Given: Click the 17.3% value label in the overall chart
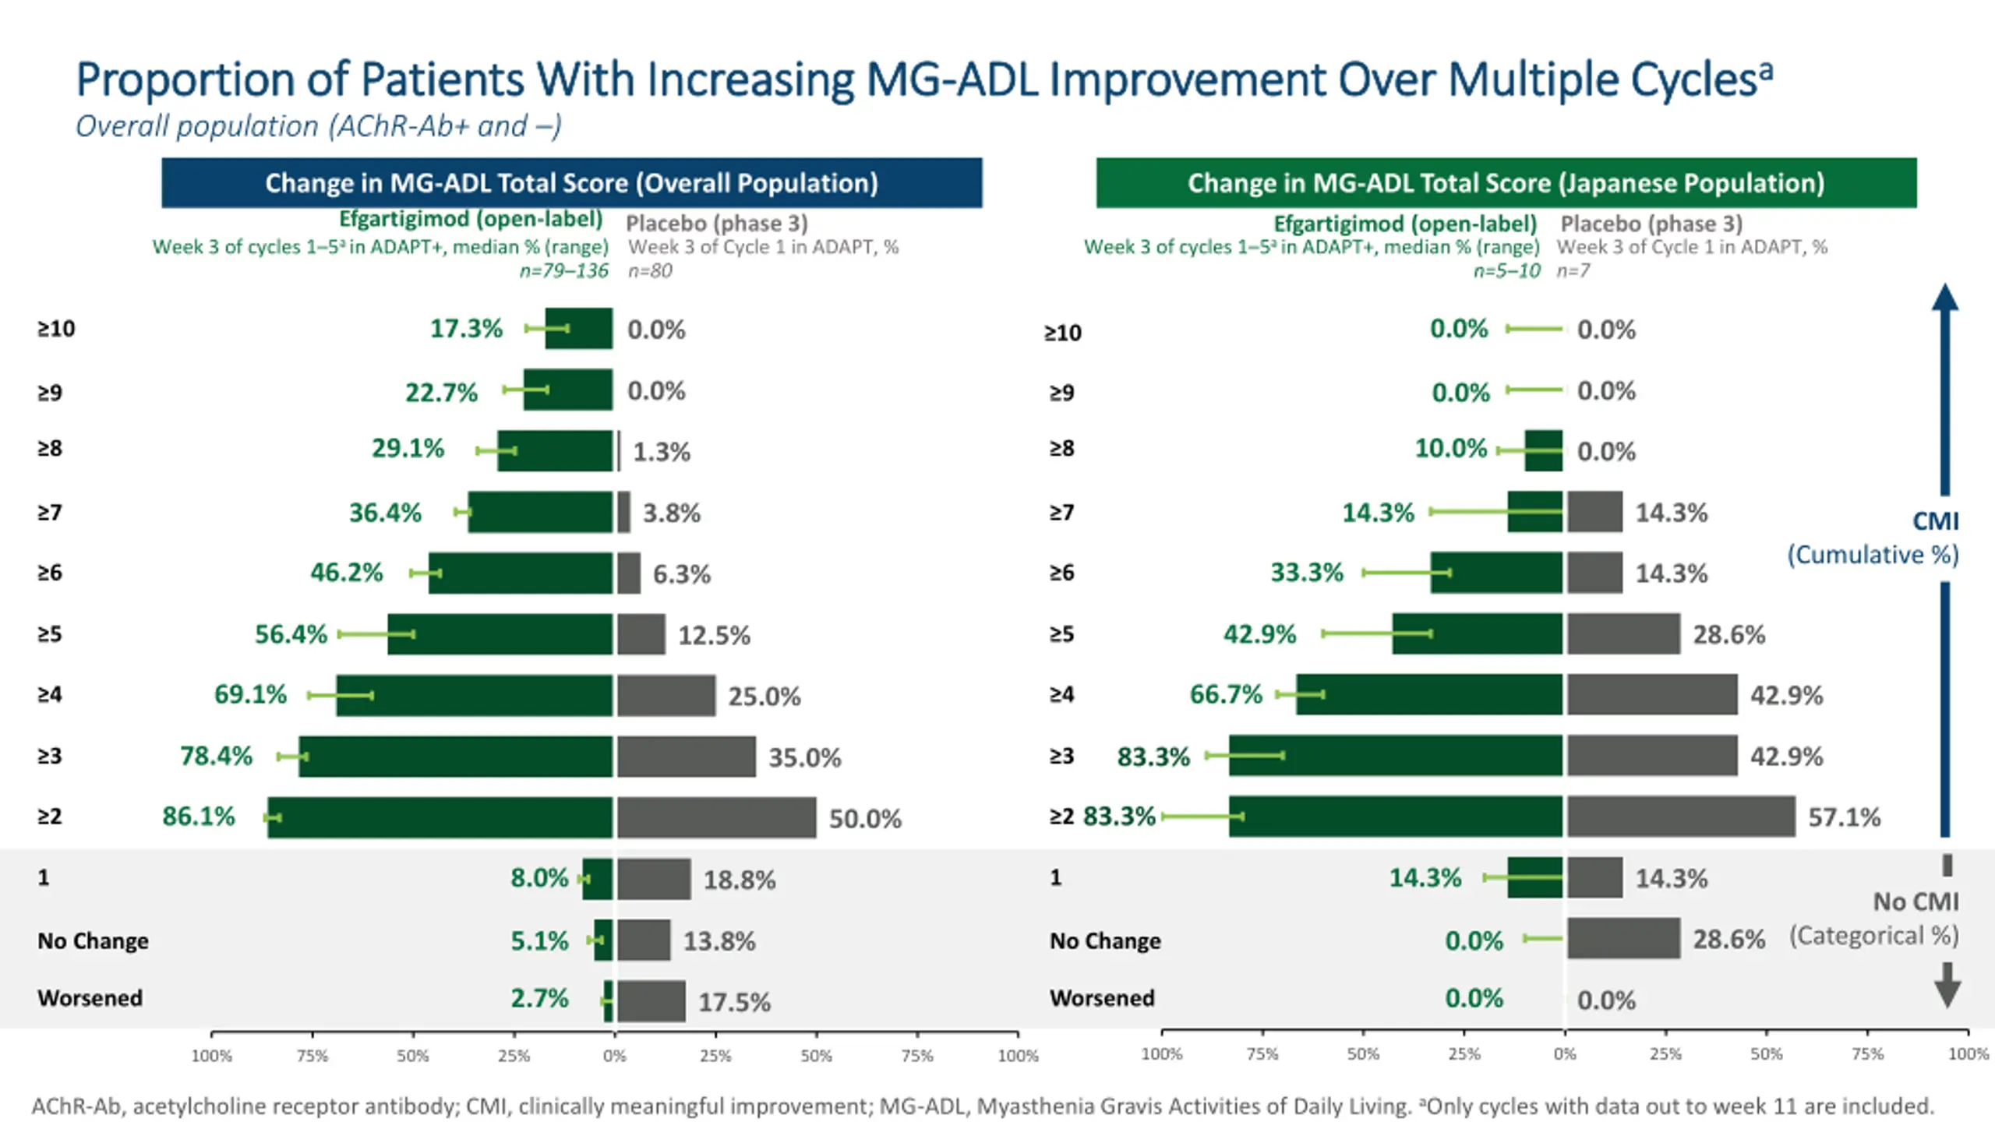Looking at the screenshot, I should (466, 329).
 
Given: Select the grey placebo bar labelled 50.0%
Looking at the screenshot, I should (716, 817).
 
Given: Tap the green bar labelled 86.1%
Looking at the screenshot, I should (440, 817).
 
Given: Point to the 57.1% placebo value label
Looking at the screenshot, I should (1844, 817).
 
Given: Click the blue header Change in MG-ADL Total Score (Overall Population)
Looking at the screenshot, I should (571, 183).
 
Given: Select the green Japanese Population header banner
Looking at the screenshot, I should (1506, 183).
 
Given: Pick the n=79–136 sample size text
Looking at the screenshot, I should (563, 271).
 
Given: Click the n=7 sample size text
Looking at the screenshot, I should (1573, 271).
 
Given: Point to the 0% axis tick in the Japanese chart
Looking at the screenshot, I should (1565, 1054).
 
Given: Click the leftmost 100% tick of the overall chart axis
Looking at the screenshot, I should (212, 1056).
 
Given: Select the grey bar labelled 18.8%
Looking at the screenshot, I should (654, 879).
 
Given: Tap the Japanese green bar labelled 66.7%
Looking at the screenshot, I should (1429, 694).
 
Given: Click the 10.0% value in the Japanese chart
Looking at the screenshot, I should (1450, 449).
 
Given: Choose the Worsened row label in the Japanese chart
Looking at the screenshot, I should (1102, 998).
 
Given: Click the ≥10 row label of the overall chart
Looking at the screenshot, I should (56, 329).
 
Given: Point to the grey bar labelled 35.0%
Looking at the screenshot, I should (687, 757).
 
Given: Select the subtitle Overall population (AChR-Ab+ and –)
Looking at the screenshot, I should (318, 126).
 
